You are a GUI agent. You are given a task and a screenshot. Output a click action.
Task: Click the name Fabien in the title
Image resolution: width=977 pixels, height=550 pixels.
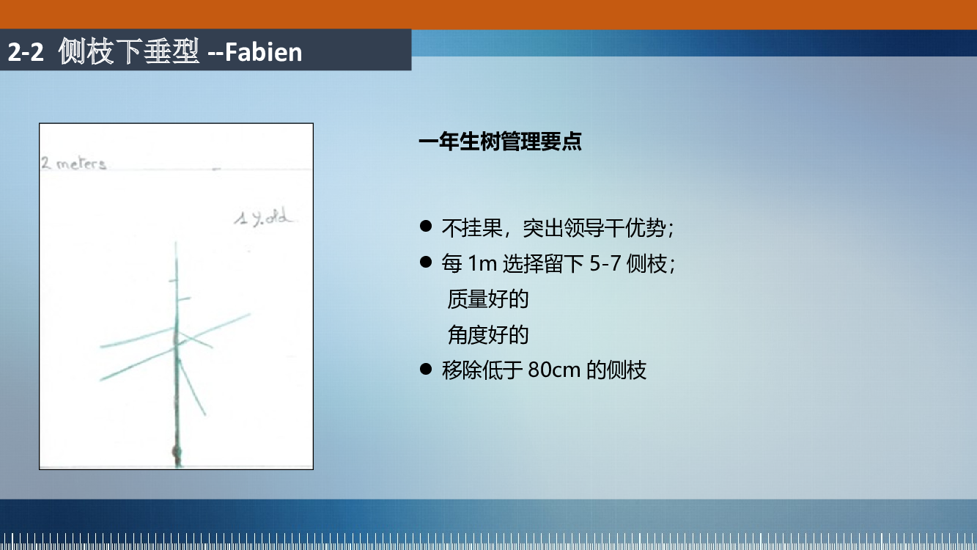point(263,52)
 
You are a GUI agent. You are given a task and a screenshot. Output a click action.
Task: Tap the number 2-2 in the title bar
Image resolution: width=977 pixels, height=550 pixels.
point(26,52)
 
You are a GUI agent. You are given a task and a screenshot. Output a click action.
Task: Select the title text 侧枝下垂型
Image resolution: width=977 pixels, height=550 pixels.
point(129,51)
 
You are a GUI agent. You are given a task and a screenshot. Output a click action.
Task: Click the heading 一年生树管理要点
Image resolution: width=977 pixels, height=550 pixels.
point(500,142)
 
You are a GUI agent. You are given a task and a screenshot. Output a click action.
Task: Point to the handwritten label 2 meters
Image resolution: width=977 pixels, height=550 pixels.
point(73,164)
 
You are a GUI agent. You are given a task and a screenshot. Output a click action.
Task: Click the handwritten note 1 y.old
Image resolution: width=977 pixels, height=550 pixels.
point(262,217)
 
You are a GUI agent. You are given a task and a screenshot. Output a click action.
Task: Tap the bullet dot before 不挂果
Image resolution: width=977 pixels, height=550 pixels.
point(426,226)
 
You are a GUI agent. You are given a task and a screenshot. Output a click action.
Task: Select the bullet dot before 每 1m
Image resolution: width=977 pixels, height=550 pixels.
point(426,262)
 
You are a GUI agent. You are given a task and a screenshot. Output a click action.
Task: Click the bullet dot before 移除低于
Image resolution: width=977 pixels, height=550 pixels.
point(426,369)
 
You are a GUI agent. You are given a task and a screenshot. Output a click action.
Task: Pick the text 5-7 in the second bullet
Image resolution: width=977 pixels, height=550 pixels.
point(605,264)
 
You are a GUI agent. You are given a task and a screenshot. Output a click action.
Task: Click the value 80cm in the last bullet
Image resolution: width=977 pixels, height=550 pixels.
point(554,370)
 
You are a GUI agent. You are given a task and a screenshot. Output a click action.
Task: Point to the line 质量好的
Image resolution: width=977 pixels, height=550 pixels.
point(488,299)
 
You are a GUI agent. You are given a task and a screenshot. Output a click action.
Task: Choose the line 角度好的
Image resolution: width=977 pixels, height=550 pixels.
point(488,335)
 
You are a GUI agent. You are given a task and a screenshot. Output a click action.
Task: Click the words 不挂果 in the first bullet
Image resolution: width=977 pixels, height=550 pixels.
point(472,228)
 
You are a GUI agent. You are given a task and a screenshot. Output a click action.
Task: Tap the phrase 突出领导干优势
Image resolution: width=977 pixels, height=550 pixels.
point(594,228)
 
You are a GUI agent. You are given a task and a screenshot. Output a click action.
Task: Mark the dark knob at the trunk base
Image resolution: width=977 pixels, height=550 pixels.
point(177,451)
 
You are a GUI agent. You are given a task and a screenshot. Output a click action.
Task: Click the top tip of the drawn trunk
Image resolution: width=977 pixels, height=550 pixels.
point(176,242)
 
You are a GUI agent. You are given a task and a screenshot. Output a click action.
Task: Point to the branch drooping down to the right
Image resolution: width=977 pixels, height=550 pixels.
point(192,386)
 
